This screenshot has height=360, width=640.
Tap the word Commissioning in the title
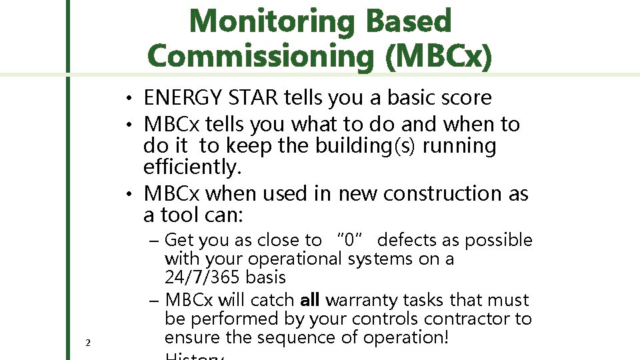pos(261,55)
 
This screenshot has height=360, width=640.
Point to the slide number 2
pos(88,343)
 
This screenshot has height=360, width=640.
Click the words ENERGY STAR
pos(212,98)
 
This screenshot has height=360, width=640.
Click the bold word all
pos(312,300)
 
